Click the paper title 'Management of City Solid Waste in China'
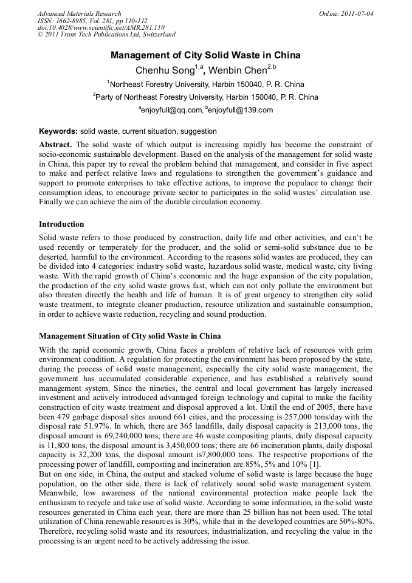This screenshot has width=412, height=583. coord(205,55)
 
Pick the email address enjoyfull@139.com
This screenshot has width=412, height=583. coord(240,110)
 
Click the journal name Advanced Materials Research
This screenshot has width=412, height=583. coord(79,13)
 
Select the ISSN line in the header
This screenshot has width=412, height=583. coord(83,20)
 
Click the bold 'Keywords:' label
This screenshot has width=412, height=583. coord(58,131)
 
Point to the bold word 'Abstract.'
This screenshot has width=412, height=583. coord(55,144)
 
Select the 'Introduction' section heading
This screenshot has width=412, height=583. coord(61,224)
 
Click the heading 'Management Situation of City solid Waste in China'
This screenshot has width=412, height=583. coord(129,336)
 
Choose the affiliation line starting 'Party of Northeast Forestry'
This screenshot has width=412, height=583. coord(205,97)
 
